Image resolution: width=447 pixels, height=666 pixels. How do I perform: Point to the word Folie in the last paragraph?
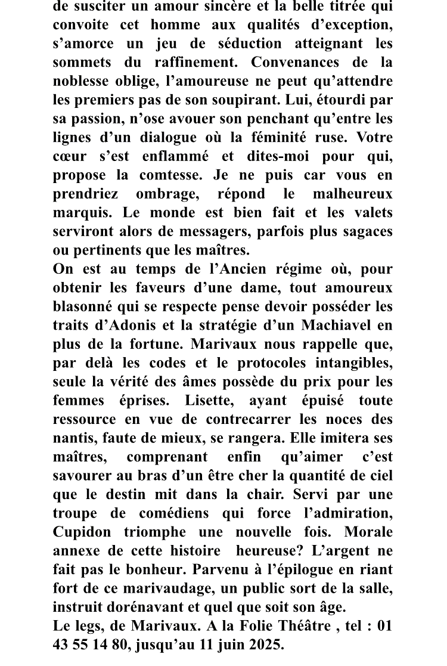[x=251, y=625]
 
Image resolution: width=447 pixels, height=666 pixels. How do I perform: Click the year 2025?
[x=263, y=645]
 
